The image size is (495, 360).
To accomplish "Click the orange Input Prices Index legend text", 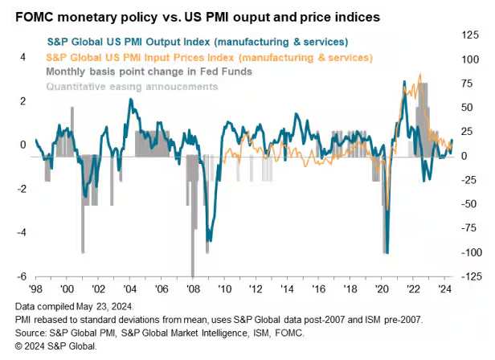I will [209, 58].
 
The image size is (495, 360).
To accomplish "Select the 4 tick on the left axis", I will [23, 57].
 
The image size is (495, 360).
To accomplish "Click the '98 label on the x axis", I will [36, 287].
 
